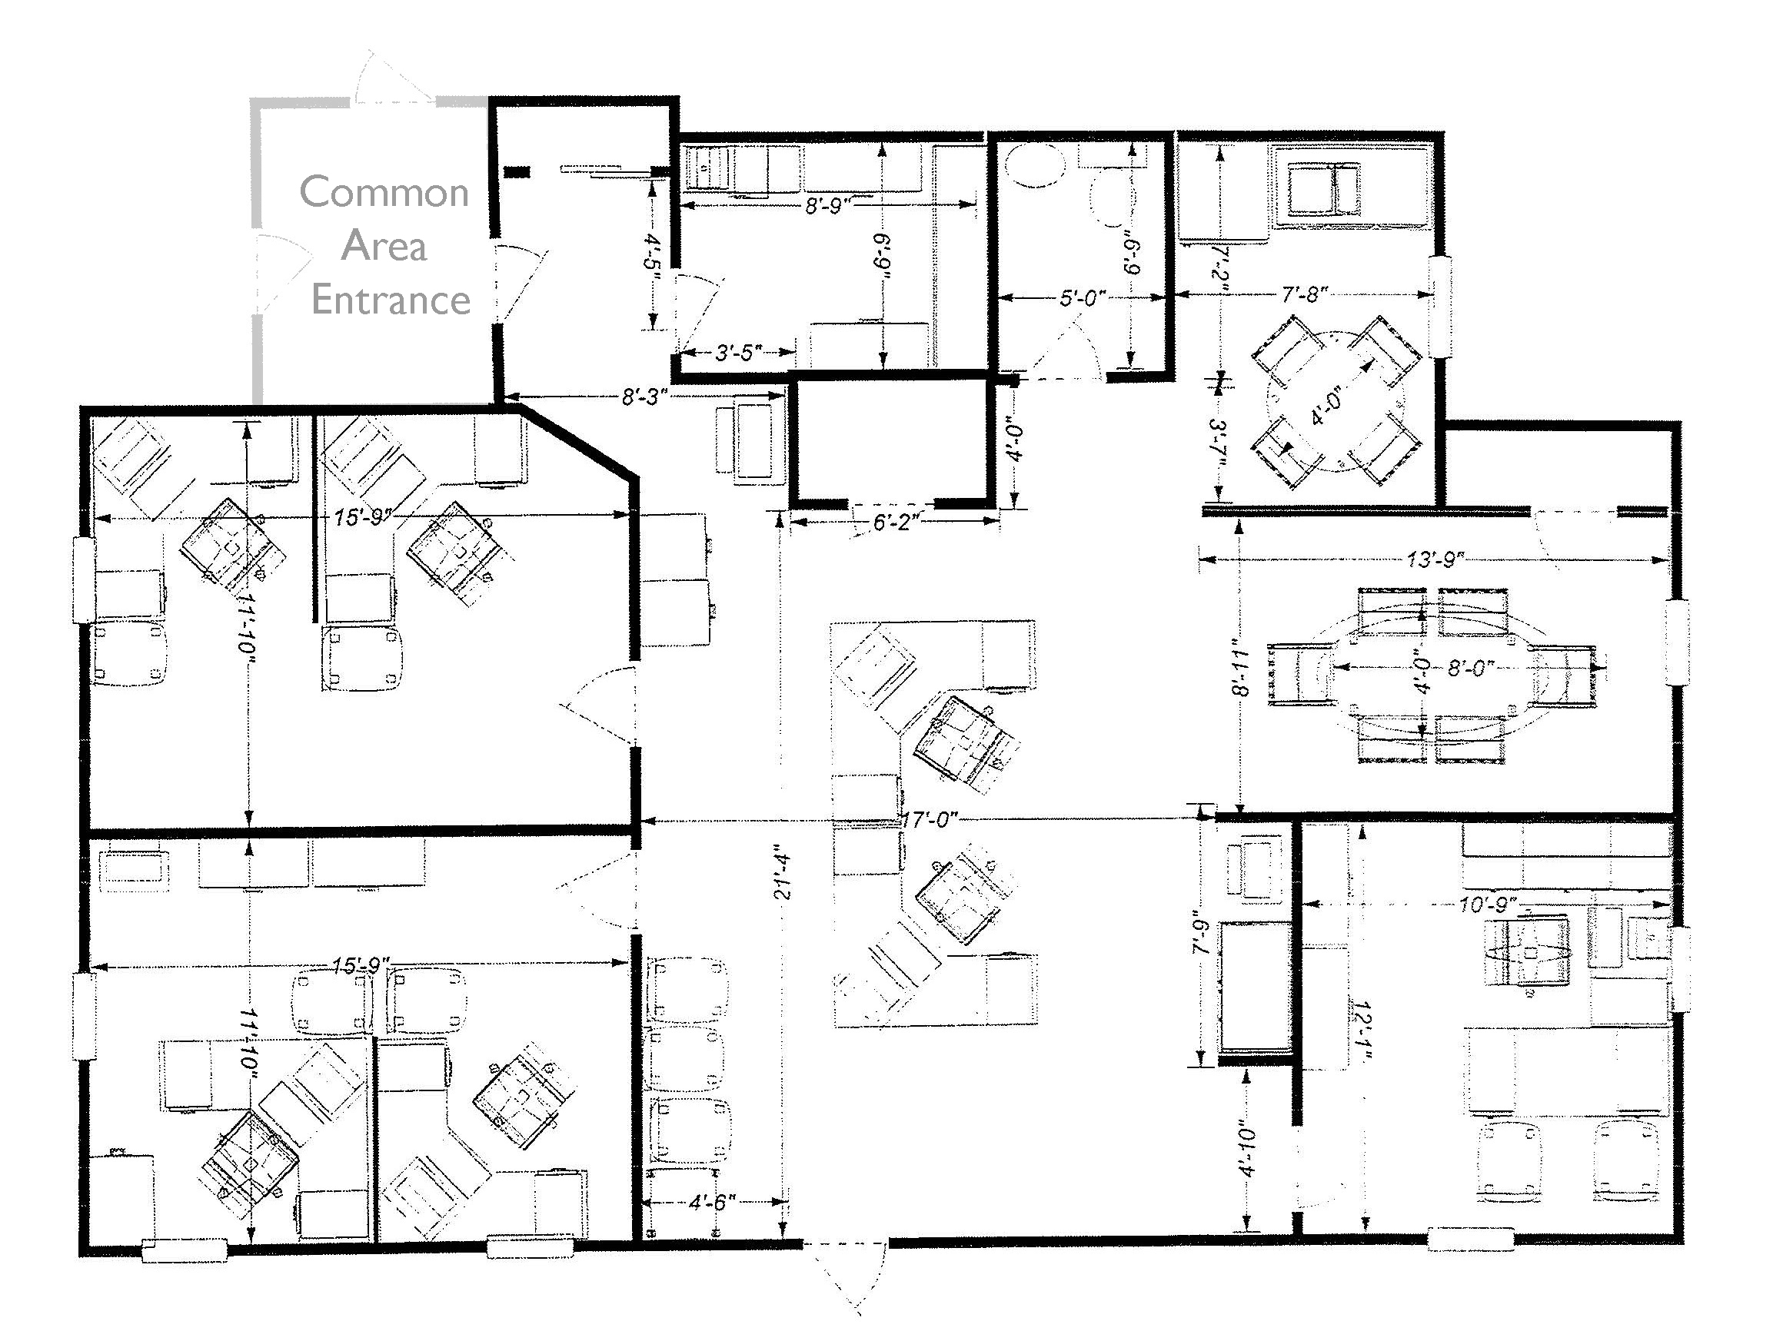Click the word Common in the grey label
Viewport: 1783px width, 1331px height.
[x=384, y=192]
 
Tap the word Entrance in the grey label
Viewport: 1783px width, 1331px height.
[x=391, y=300]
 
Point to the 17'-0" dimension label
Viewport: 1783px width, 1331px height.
[x=930, y=820]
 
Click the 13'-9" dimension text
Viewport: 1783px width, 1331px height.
[x=1435, y=559]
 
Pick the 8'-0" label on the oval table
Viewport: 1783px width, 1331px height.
[x=1471, y=668]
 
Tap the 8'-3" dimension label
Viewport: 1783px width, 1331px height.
[x=645, y=397]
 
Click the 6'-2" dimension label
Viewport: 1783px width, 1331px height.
[x=896, y=522]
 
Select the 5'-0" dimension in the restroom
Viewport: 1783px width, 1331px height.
[x=1082, y=298]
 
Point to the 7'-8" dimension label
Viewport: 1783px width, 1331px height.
[x=1304, y=295]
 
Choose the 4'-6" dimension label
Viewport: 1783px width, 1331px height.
[x=713, y=1202]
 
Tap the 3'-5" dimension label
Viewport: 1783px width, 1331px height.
[x=738, y=353]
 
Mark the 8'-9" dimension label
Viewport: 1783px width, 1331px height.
[x=829, y=206]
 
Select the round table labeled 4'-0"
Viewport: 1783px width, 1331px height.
[x=1336, y=400]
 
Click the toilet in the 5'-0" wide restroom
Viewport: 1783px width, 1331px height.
[x=1114, y=198]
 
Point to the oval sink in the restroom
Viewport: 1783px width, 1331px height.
[x=1036, y=166]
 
